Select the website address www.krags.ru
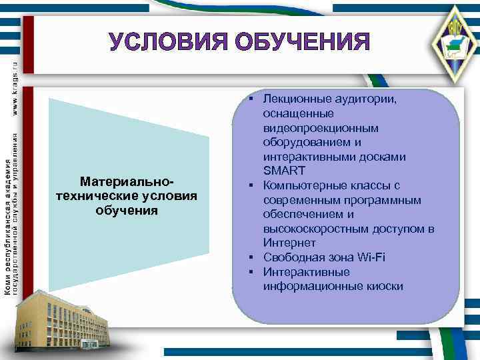pyautogui.click(x=16, y=84)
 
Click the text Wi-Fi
pyautogui.click(x=371, y=257)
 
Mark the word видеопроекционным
pyautogui.click(x=321, y=128)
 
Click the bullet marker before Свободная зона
pyautogui.click(x=254, y=257)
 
